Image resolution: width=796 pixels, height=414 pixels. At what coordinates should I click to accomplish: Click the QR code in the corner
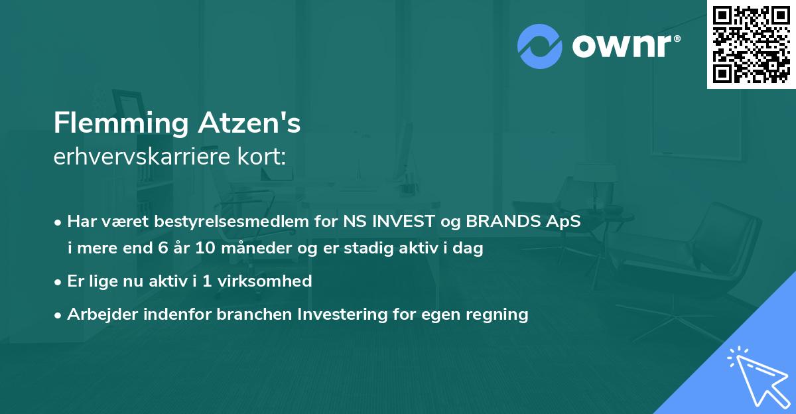pyautogui.click(x=751, y=44)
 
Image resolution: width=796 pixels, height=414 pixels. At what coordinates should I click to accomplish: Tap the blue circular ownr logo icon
pyautogui.click(x=540, y=46)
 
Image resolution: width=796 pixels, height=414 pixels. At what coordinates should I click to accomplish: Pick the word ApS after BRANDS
pyautogui.click(x=564, y=222)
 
